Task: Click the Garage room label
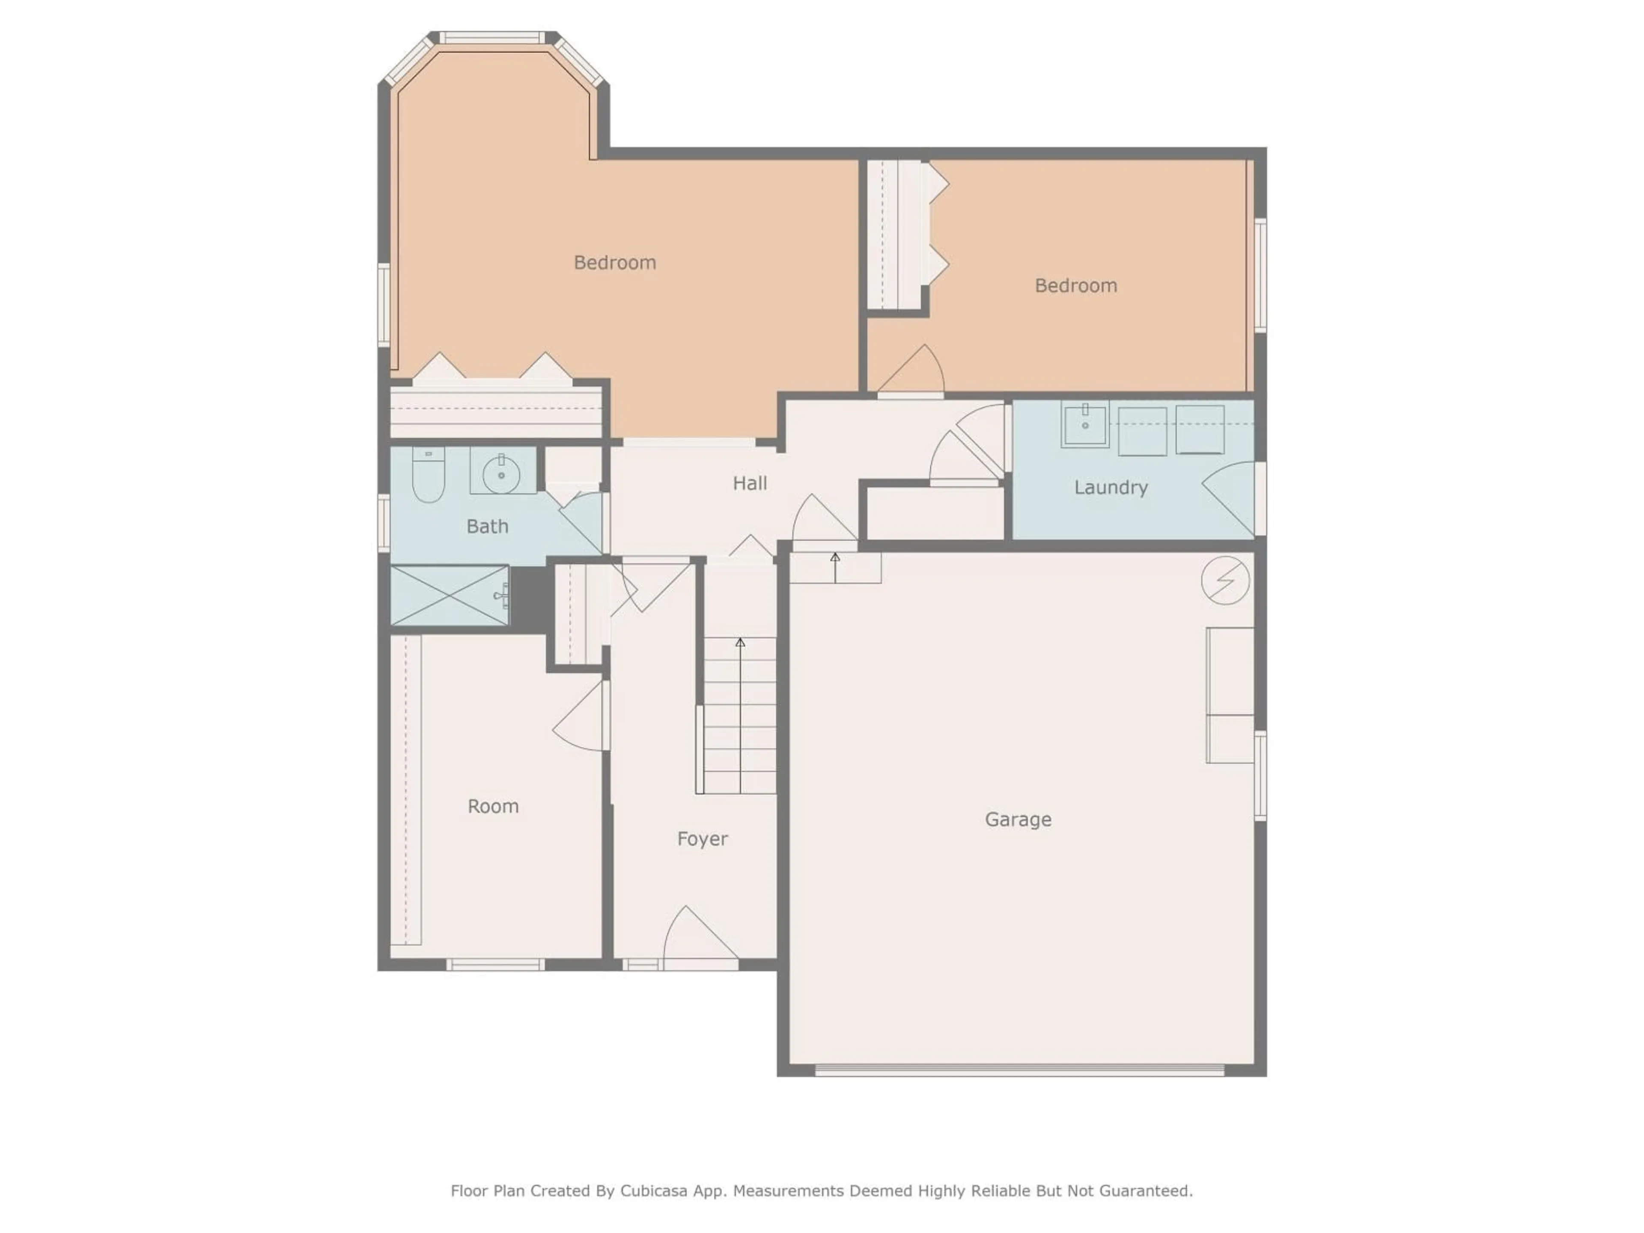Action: click(x=1018, y=819)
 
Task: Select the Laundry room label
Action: click(x=1111, y=488)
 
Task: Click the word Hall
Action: click(x=749, y=483)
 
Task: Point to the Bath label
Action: click(x=487, y=526)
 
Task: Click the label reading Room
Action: click(x=493, y=807)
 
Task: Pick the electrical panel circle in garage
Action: click(x=1225, y=580)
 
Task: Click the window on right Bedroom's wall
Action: click(x=1260, y=275)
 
